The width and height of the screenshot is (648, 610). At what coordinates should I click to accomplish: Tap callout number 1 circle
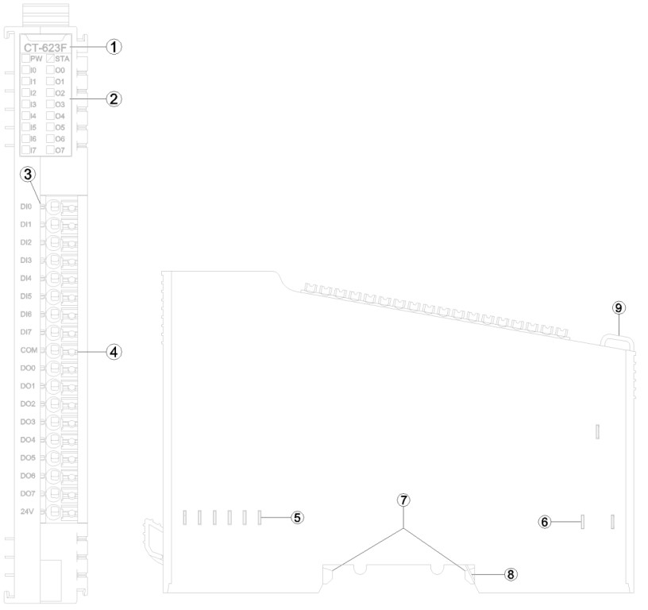click(x=114, y=47)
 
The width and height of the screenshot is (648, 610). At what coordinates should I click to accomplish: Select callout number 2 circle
click(x=114, y=99)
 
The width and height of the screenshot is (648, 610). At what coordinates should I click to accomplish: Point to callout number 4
click(x=114, y=351)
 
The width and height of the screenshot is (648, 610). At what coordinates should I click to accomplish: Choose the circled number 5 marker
click(x=296, y=517)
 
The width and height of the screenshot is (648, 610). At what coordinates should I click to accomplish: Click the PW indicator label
click(x=36, y=59)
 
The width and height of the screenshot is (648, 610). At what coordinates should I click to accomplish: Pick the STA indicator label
click(x=61, y=59)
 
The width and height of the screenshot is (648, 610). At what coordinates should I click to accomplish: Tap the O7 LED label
click(x=60, y=149)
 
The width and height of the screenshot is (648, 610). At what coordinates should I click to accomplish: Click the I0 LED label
click(x=33, y=70)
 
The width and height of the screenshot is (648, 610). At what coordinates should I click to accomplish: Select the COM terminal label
click(x=28, y=349)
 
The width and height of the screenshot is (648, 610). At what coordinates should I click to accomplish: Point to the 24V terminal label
click(x=28, y=512)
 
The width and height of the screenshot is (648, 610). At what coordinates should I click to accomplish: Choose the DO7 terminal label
click(x=28, y=493)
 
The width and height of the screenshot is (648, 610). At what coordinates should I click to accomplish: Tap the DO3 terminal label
click(x=28, y=421)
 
